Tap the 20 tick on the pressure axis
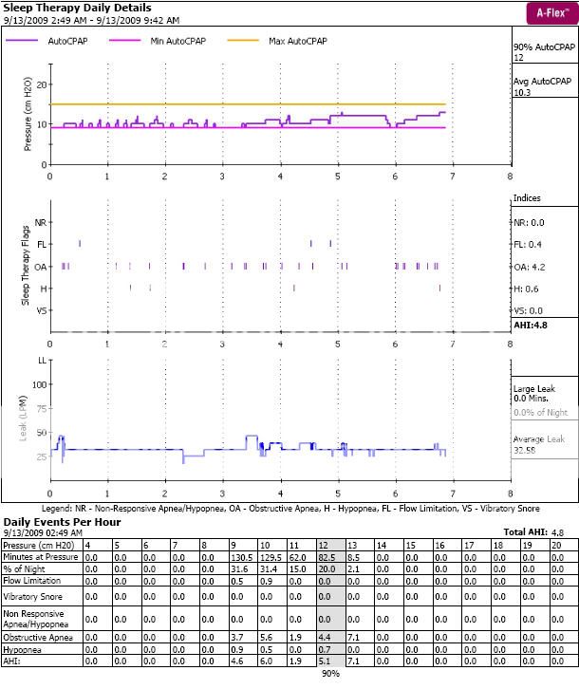41,84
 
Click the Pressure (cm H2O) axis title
27,124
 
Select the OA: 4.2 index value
530,266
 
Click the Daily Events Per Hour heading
63,522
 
